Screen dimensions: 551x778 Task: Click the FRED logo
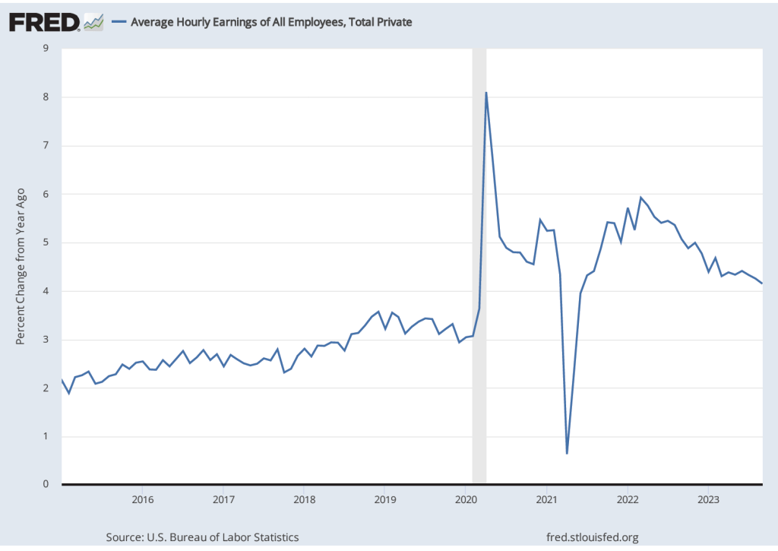click(x=44, y=22)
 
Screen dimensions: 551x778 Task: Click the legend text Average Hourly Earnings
click(x=271, y=22)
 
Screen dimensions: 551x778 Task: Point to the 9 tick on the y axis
click(x=46, y=49)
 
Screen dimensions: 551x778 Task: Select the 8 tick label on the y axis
click(x=46, y=97)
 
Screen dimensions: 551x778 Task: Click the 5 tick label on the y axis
click(x=46, y=243)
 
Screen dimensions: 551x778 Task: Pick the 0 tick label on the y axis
click(x=46, y=484)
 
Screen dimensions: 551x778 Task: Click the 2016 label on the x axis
click(x=142, y=499)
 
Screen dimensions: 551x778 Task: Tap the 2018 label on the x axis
click(x=304, y=499)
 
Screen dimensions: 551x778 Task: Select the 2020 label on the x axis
click(x=466, y=499)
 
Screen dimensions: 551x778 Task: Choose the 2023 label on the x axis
click(x=708, y=499)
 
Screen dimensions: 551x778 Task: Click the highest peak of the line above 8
click(x=486, y=93)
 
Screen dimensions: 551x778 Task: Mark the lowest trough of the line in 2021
click(x=567, y=453)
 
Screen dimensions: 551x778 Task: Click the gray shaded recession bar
click(x=479, y=266)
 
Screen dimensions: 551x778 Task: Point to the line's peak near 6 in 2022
click(x=640, y=198)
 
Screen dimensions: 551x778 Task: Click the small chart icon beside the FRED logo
click(x=94, y=22)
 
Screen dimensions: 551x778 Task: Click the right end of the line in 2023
click(x=762, y=283)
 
